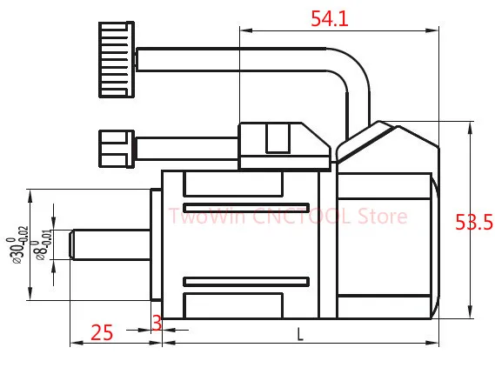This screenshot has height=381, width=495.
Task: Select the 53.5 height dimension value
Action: tap(474, 223)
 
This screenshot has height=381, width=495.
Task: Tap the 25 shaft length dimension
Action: tap(103, 332)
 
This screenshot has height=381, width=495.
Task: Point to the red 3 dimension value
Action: tap(157, 323)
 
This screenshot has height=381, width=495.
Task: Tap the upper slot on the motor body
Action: tap(234, 184)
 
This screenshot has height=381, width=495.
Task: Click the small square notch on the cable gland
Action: tap(277, 137)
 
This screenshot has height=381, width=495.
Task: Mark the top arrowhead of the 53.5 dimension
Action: tap(470, 127)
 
